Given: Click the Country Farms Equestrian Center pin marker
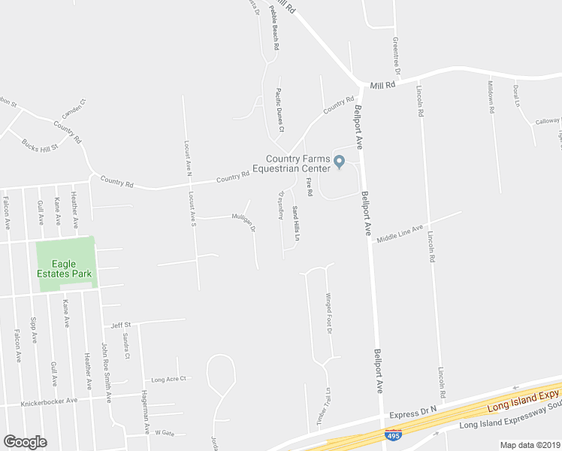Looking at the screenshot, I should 339,161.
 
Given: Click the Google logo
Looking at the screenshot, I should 25,442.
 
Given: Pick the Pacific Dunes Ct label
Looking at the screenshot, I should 279,110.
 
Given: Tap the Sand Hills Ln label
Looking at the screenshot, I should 296,223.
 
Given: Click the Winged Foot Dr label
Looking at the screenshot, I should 329,314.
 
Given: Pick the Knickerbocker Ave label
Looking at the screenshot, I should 50,401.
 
